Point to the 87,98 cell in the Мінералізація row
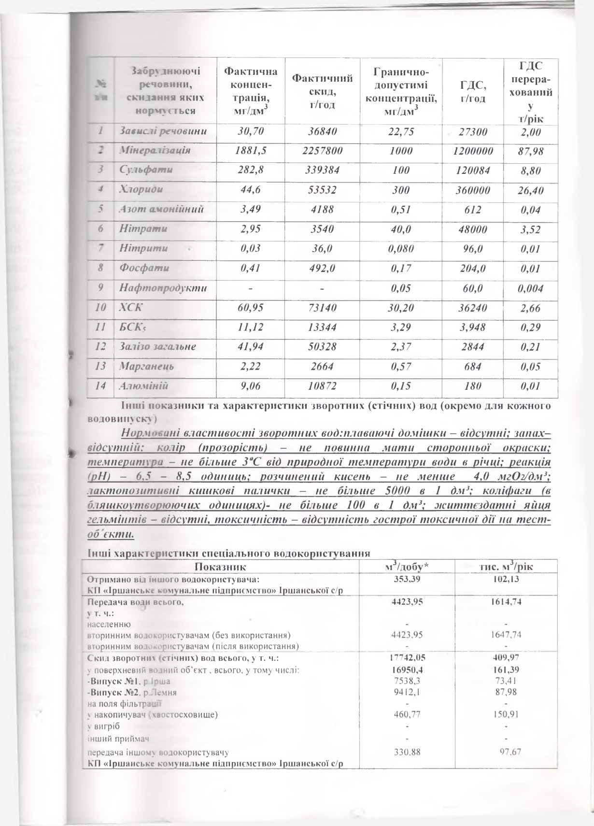[530, 151]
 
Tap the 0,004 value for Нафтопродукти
[530, 288]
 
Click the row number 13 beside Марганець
[101, 366]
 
